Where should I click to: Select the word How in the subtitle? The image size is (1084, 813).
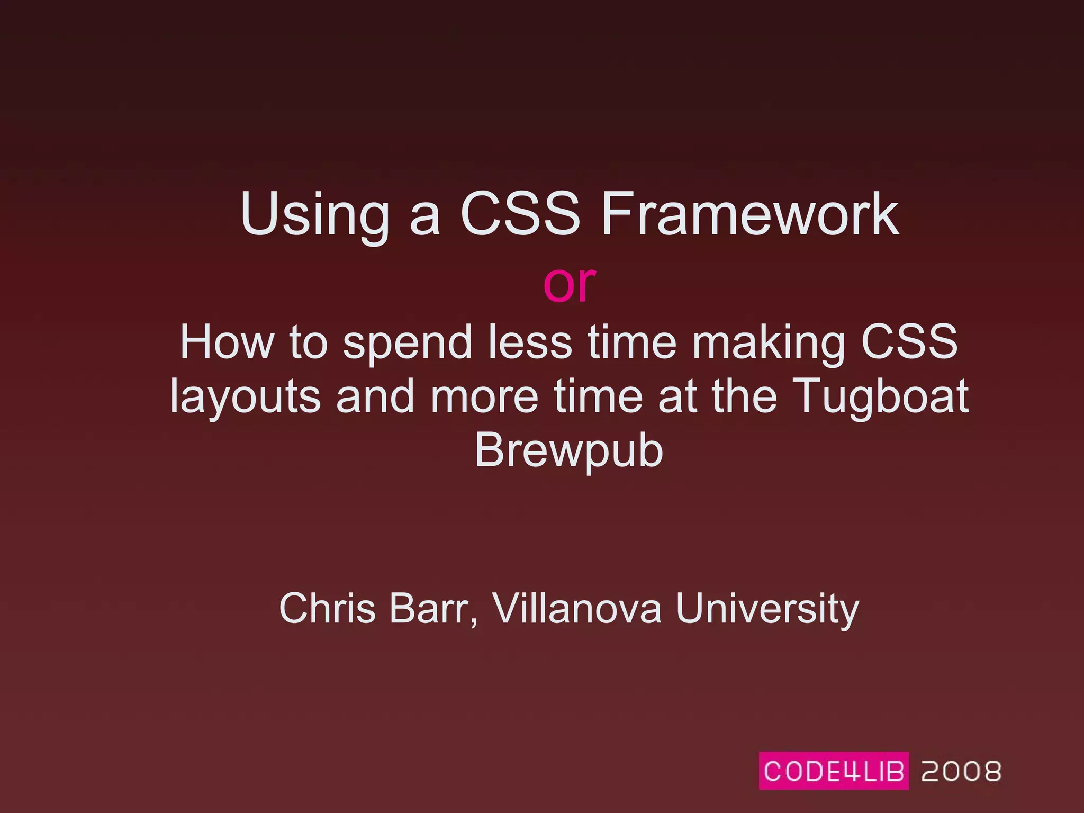(227, 342)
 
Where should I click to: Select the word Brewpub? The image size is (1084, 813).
(568, 451)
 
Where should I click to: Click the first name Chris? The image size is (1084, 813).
(327, 609)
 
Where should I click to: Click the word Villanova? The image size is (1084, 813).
(577, 609)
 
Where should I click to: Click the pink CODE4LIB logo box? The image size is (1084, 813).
(834, 771)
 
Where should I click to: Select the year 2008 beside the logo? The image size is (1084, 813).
(961, 771)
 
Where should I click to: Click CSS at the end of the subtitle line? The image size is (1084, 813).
(909, 342)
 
